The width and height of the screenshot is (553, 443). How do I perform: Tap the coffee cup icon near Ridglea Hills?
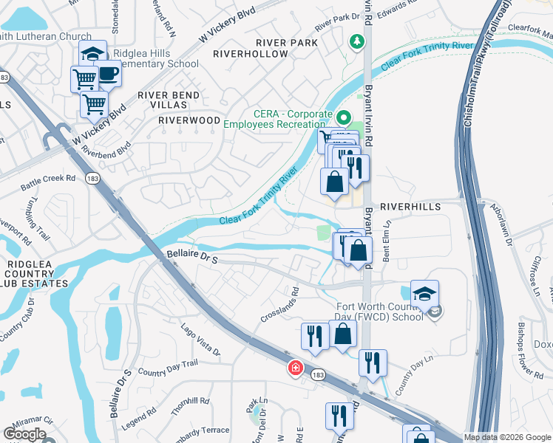(109, 75)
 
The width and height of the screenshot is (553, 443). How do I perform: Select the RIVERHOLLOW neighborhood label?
(251, 54)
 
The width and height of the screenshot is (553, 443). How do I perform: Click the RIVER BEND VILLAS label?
(169, 100)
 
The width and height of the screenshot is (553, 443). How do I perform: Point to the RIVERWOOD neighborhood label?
(190, 120)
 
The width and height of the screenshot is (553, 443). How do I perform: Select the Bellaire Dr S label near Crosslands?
(190, 258)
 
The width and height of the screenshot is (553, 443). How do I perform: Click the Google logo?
(24, 434)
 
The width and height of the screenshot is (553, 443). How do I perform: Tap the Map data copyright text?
(506, 437)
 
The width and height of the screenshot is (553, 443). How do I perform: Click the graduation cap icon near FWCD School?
(424, 293)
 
